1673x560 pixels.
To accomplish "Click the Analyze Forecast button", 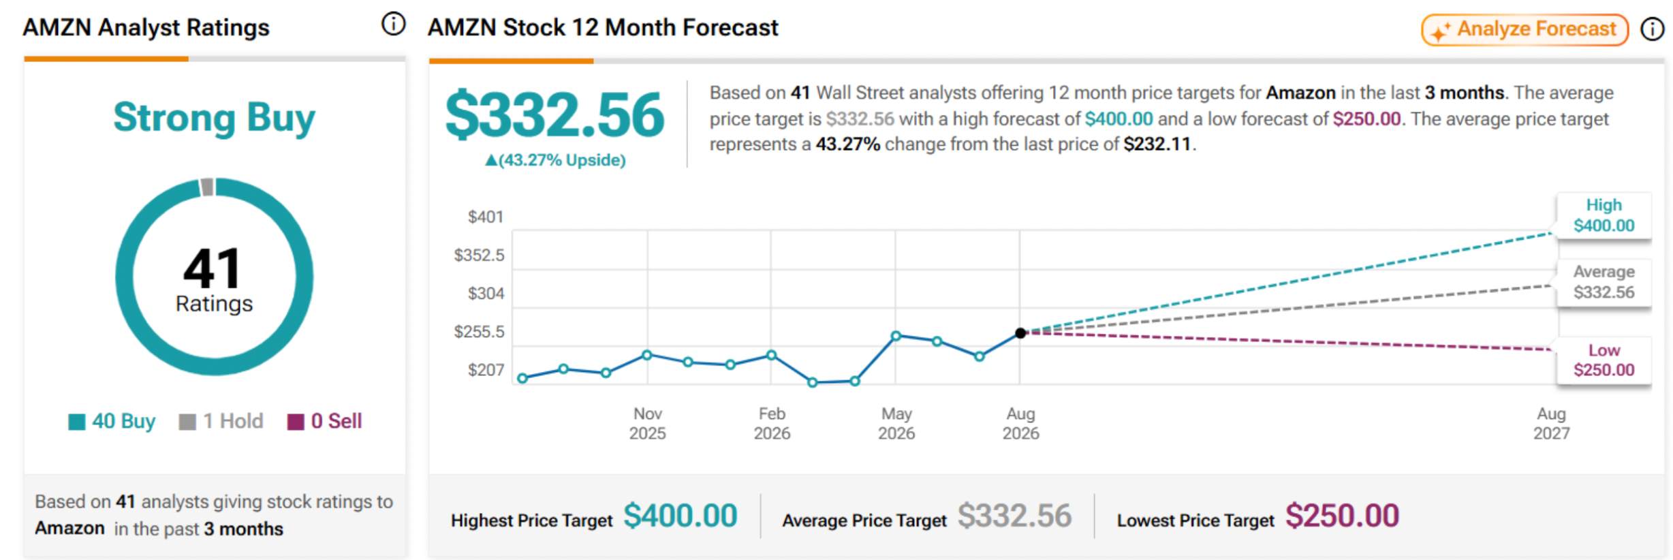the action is [x=1525, y=29].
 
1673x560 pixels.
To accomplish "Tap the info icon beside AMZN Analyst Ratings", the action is [x=393, y=25].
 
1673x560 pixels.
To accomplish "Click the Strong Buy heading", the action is [x=215, y=117].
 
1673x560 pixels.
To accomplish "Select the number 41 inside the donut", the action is [x=213, y=268].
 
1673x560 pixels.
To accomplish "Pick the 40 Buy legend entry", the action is [x=112, y=421].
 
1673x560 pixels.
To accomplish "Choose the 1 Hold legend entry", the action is [x=221, y=421].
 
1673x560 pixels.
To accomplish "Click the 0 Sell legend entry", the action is [x=324, y=421].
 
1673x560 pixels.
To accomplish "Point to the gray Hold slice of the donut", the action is [x=207, y=187].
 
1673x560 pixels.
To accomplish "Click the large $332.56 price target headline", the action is [x=554, y=114].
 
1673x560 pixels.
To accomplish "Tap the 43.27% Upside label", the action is [x=555, y=160].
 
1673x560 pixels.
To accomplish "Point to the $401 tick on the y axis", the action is [x=485, y=217].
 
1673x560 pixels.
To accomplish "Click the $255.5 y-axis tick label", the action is [x=479, y=332].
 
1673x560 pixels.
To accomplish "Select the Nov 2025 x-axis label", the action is [x=647, y=423].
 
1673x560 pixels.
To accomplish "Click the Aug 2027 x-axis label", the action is [x=1551, y=423].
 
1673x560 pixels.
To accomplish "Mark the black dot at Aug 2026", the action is [x=1020, y=333].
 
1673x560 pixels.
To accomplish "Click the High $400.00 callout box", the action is [x=1604, y=215].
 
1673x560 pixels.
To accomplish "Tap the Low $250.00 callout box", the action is [x=1604, y=360].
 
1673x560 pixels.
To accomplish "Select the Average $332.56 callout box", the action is [x=1604, y=282].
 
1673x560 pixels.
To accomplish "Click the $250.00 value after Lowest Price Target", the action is [x=1342, y=516].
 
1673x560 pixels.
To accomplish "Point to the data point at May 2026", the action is [x=896, y=335].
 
